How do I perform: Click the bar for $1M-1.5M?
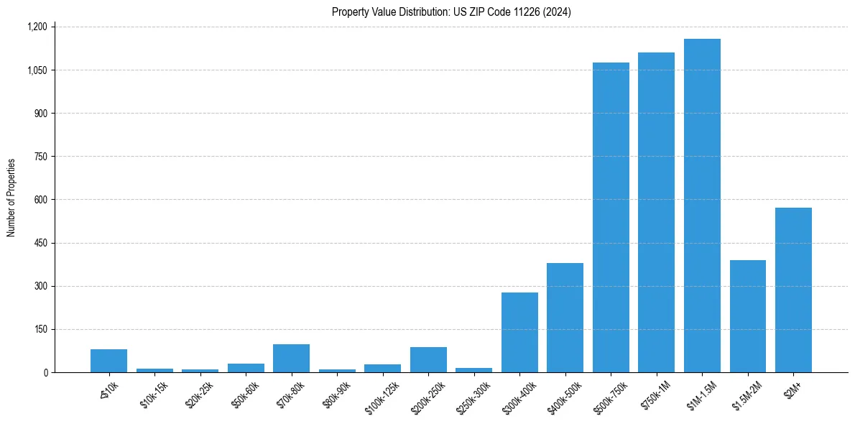[702, 206]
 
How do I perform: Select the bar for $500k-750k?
[611, 217]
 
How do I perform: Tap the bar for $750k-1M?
[656, 212]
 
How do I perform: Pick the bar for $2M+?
[793, 290]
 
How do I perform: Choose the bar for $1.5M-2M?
[747, 316]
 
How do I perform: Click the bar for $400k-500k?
[565, 318]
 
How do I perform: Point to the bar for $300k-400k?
[519, 332]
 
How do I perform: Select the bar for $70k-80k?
[291, 358]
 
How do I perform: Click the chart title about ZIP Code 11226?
[451, 11]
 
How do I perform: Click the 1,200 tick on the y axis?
[37, 27]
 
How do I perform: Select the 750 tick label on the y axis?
[40, 157]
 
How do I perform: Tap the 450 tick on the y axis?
[40, 243]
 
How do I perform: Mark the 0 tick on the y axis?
[46, 372]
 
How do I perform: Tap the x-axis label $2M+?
[793, 386]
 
